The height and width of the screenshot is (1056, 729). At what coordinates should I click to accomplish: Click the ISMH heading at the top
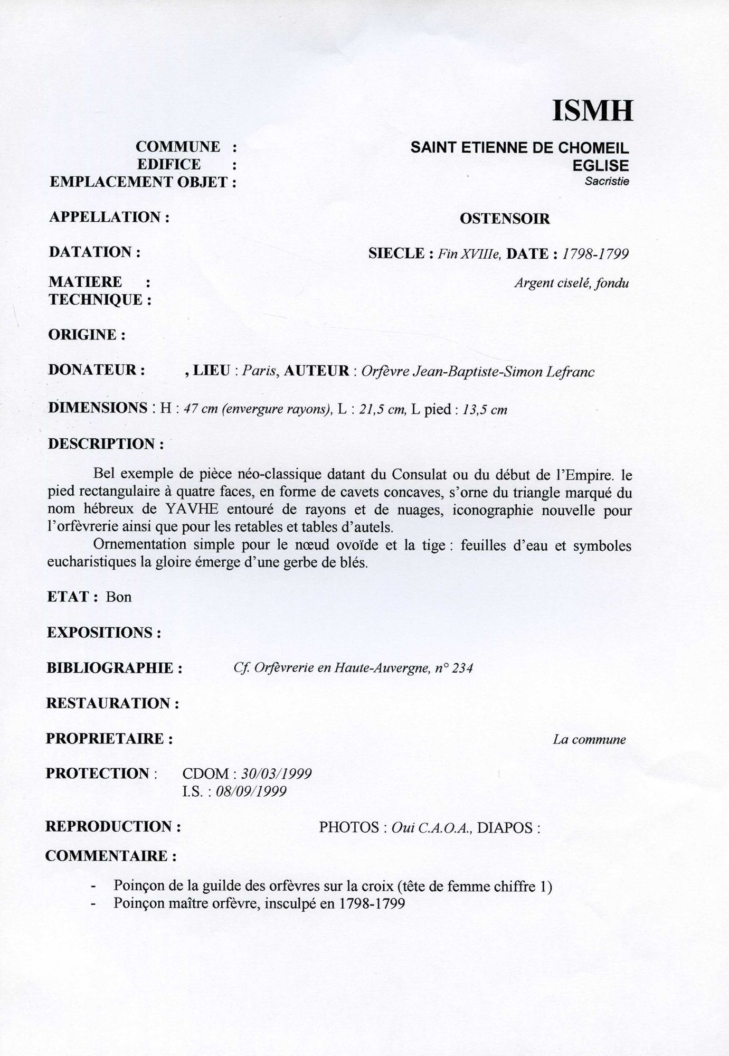tap(592, 111)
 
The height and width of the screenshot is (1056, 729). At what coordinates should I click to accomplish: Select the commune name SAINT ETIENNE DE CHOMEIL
tap(519, 148)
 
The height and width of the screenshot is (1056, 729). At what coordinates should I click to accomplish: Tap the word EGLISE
tap(600, 166)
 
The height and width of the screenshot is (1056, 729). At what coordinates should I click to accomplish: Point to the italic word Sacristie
tap(607, 182)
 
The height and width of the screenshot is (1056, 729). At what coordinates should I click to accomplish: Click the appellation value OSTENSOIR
tap(505, 219)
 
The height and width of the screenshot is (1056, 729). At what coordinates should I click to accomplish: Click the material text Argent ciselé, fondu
tap(572, 284)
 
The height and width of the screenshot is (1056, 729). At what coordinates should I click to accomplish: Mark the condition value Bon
tap(119, 597)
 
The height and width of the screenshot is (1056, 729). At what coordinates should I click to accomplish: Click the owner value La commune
tap(589, 740)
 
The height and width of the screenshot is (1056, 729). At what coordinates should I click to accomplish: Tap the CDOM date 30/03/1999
tap(276, 774)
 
